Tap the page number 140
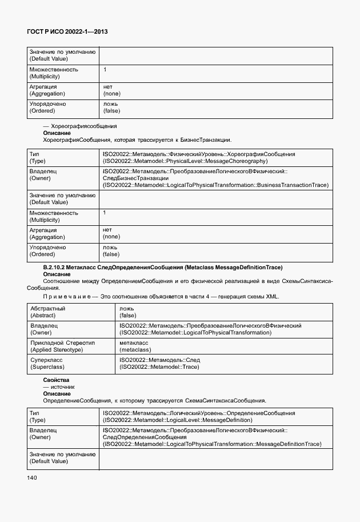[31, 477]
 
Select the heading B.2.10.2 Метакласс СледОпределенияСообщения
[163, 268]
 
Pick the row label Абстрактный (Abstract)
[47, 312]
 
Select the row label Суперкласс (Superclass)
[46, 363]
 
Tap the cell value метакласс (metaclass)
[136, 346]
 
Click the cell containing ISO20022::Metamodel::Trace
[159, 363]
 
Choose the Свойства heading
[56, 380]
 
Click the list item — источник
[59, 386]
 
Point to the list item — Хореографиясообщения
[80, 126]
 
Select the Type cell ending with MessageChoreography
[198, 158]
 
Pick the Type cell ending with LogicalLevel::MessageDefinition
[198, 416]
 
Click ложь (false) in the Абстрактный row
[127, 312]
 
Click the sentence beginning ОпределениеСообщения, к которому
[154, 400]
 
